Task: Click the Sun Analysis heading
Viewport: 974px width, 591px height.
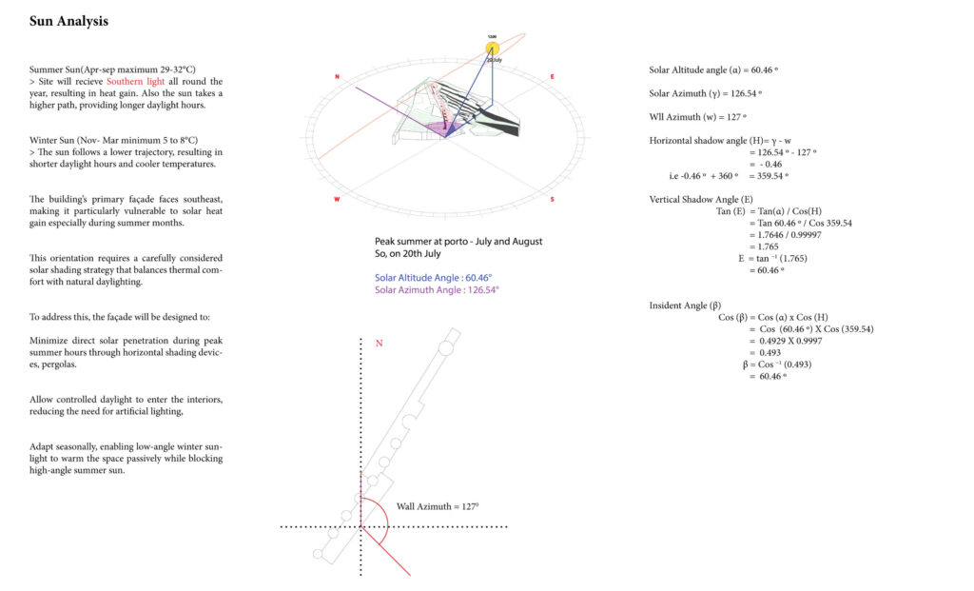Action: (68, 21)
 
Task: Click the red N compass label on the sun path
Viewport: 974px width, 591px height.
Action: (337, 76)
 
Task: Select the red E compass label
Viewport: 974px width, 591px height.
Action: (552, 76)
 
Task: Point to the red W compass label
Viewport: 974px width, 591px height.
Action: (337, 200)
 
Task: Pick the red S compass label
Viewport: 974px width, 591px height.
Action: (553, 200)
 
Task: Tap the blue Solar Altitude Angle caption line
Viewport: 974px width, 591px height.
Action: (433, 277)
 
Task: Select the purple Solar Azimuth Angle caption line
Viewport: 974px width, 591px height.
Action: (437, 289)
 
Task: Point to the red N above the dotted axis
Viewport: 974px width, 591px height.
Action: (379, 343)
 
